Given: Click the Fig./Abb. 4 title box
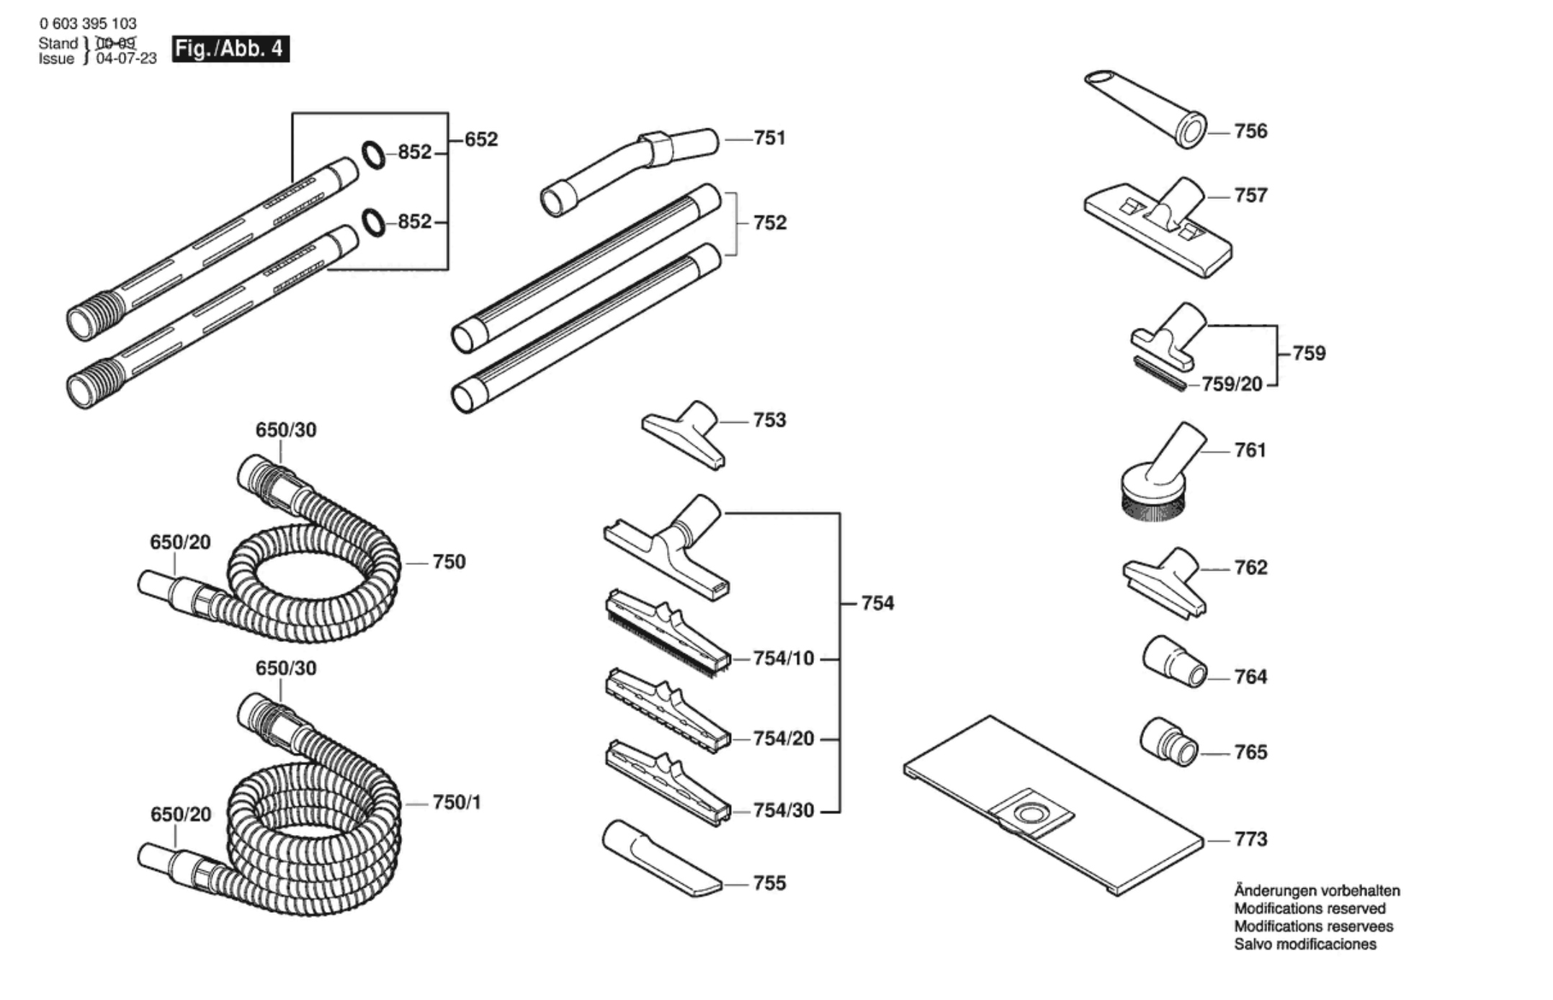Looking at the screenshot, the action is [x=231, y=48].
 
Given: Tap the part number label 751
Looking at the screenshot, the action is [x=769, y=138].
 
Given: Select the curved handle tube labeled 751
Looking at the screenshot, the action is [x=630, y=171].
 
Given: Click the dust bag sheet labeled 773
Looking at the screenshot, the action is [x=1054, y=805].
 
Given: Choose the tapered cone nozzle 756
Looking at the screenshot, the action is [x=1146, y=109].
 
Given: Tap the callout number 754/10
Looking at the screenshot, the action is [x=784, y=659].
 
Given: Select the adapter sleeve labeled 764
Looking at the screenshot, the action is [x=1175, y=661].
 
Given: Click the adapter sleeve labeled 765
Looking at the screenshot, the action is [x=1169, y=742].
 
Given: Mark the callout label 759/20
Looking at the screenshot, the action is [x=1232, y=384].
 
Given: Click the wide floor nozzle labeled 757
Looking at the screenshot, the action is [x=1158, y=227].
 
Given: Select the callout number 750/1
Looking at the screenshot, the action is [x=457, y=802].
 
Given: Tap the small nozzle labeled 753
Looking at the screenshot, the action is [x=684, y=435].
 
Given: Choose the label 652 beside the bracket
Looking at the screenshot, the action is [x=481, y=139].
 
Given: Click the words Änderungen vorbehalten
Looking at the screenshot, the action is [x=1317, y=890].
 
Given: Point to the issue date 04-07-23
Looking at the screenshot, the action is [x=126, y=58].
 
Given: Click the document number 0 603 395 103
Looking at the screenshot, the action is [x=88, y=24].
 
